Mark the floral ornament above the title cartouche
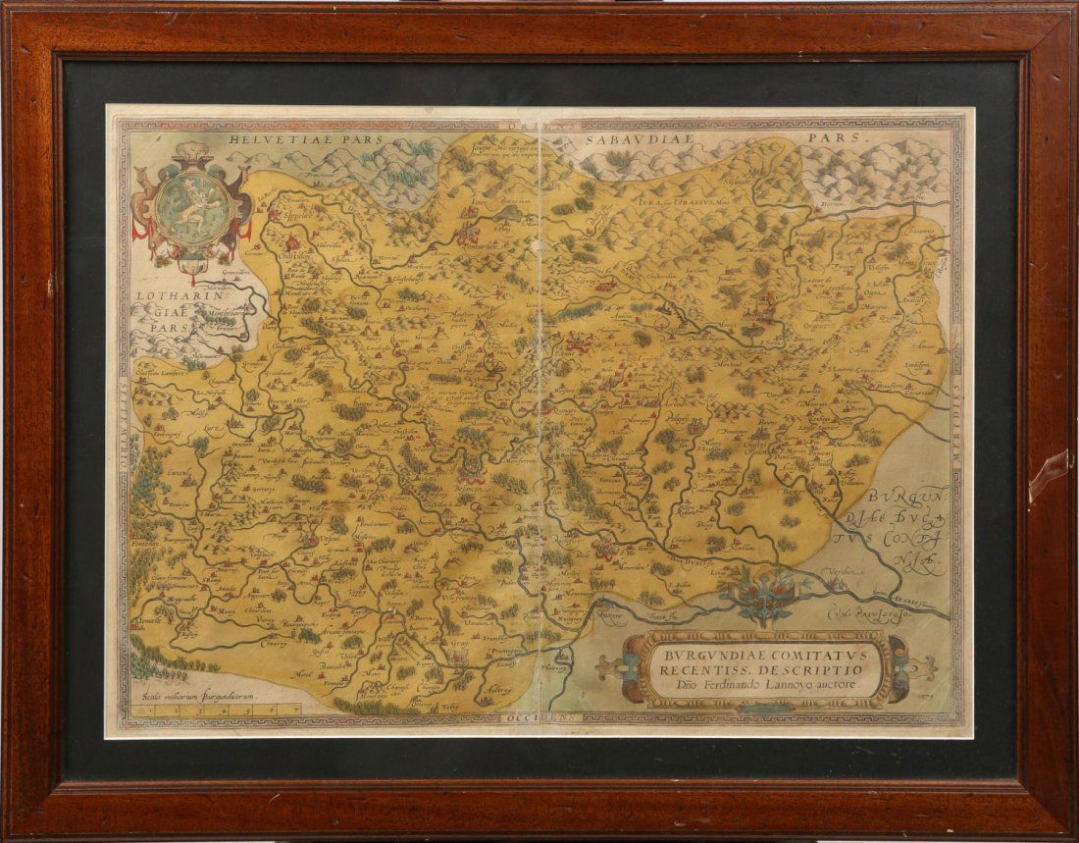762,595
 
